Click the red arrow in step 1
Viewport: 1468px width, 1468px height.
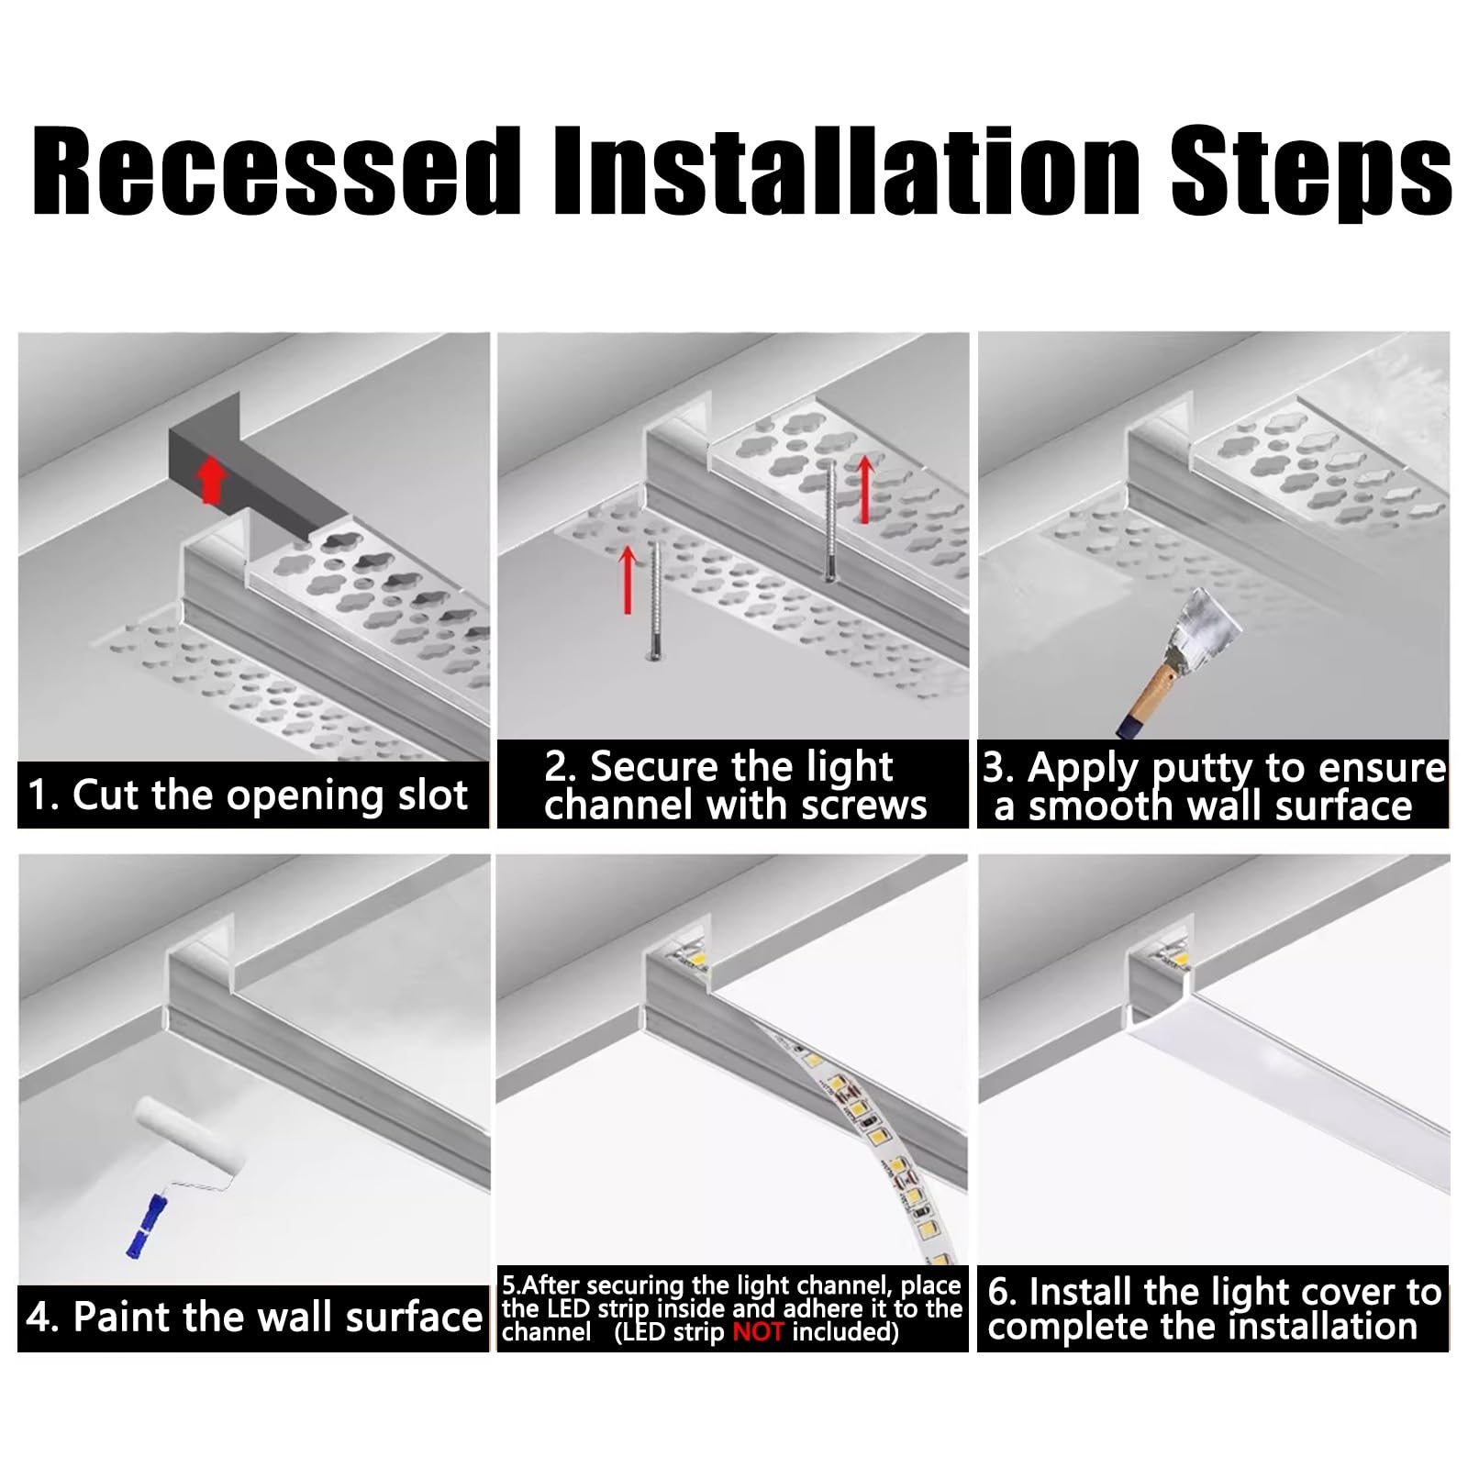pyautogui.click(x=212, y=481)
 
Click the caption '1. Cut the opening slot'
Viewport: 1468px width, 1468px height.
pyautogui.click(x=248, y=795)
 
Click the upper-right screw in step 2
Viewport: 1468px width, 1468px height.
pyautogui.click(x=830, y=519)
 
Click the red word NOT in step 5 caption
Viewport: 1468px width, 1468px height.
pyautogui.click(x=758, y=1331)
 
